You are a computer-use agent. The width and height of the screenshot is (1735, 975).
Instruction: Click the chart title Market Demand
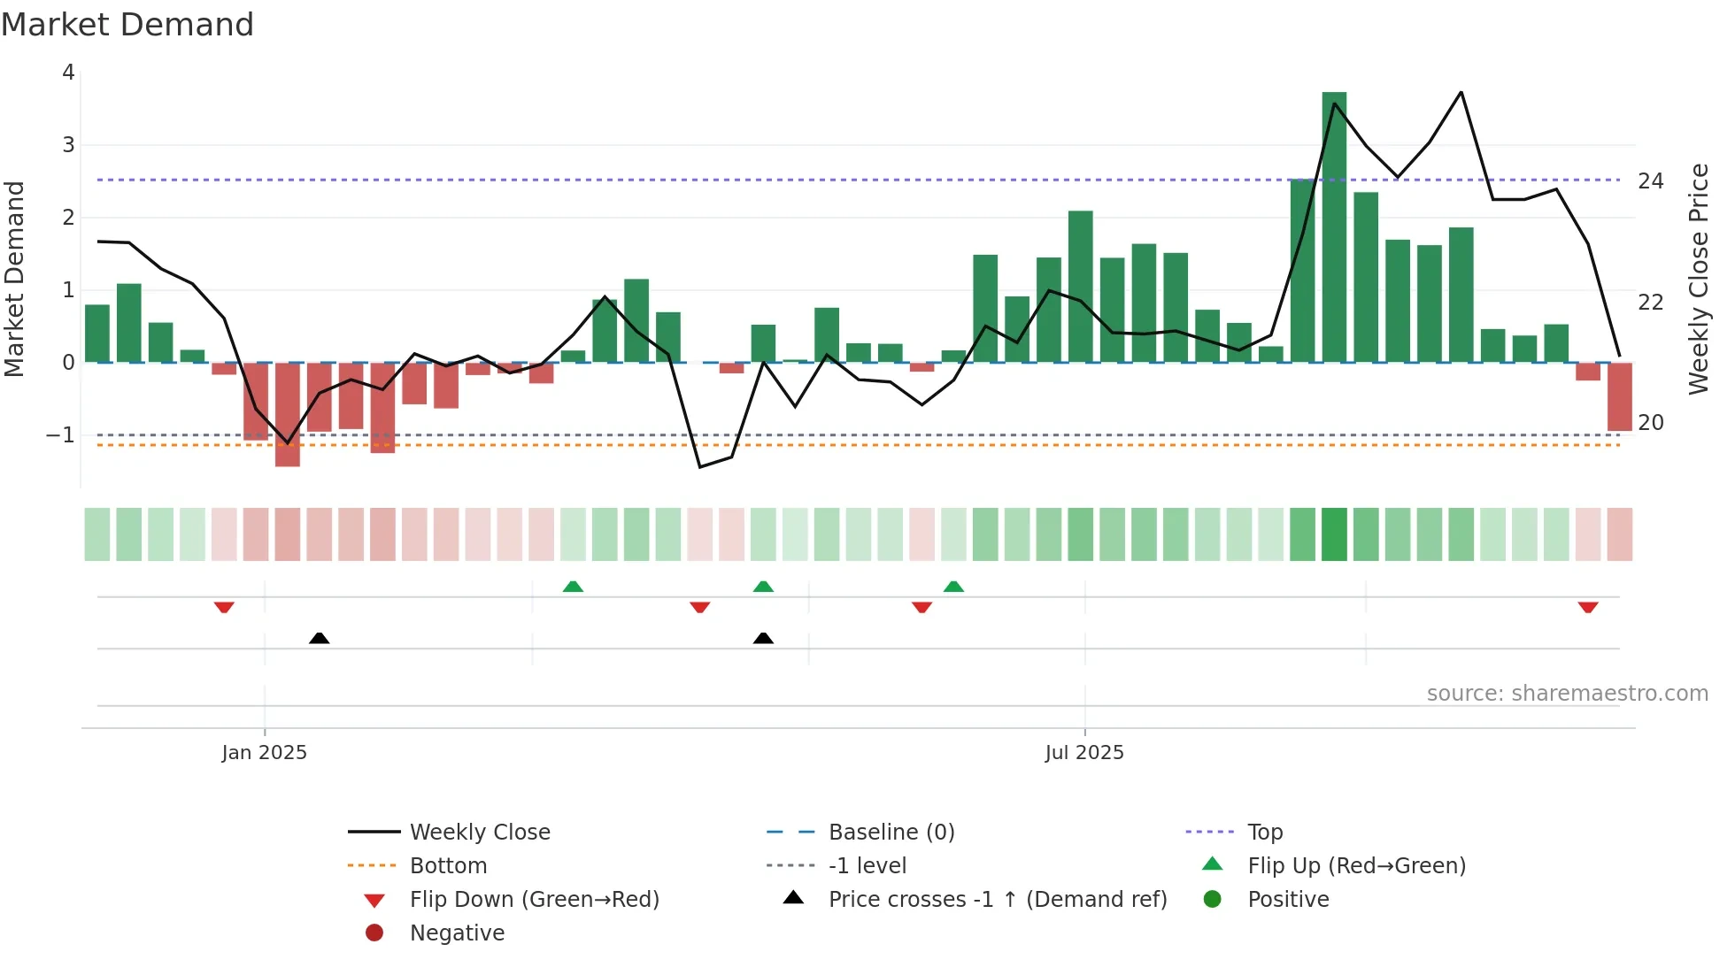127,25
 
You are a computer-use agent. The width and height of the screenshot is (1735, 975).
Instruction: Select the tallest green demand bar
1334,226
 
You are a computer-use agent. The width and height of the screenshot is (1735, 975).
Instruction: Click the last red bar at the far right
1619,397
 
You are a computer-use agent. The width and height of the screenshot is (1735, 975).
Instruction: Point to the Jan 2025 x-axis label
264,753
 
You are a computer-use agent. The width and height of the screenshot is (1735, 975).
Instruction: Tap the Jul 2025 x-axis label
1083,753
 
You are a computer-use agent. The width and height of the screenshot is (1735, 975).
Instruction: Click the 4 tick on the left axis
68,73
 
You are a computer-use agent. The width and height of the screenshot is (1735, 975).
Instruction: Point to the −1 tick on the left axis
60,435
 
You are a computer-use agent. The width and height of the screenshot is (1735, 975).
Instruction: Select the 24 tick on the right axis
1650,181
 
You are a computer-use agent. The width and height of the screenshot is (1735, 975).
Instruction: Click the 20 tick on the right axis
1650,423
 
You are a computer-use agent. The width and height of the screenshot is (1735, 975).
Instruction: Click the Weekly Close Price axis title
1698,279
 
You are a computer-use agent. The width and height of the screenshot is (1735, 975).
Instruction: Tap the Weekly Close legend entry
479,833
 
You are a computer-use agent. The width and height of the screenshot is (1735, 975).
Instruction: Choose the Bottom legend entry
448,866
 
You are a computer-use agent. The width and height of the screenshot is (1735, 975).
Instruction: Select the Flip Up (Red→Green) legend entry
1356,866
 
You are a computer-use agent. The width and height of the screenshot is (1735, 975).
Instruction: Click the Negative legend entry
457,933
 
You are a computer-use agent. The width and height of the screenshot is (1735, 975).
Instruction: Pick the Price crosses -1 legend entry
997,900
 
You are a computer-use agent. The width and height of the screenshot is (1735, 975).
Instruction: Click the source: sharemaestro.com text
1567,694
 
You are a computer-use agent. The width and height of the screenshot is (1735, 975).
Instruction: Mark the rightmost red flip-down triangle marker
1587,607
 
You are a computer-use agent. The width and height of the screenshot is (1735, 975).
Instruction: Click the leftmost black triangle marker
320,638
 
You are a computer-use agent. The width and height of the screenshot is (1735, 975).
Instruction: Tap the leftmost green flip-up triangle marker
573,587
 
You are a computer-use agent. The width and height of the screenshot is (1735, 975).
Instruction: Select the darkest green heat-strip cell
1334,534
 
